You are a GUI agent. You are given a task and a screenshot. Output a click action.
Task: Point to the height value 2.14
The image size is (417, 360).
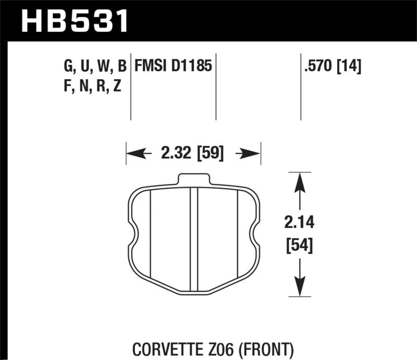point(299,224)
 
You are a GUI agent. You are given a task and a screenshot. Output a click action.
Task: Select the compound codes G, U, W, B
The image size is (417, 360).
point(94,66)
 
